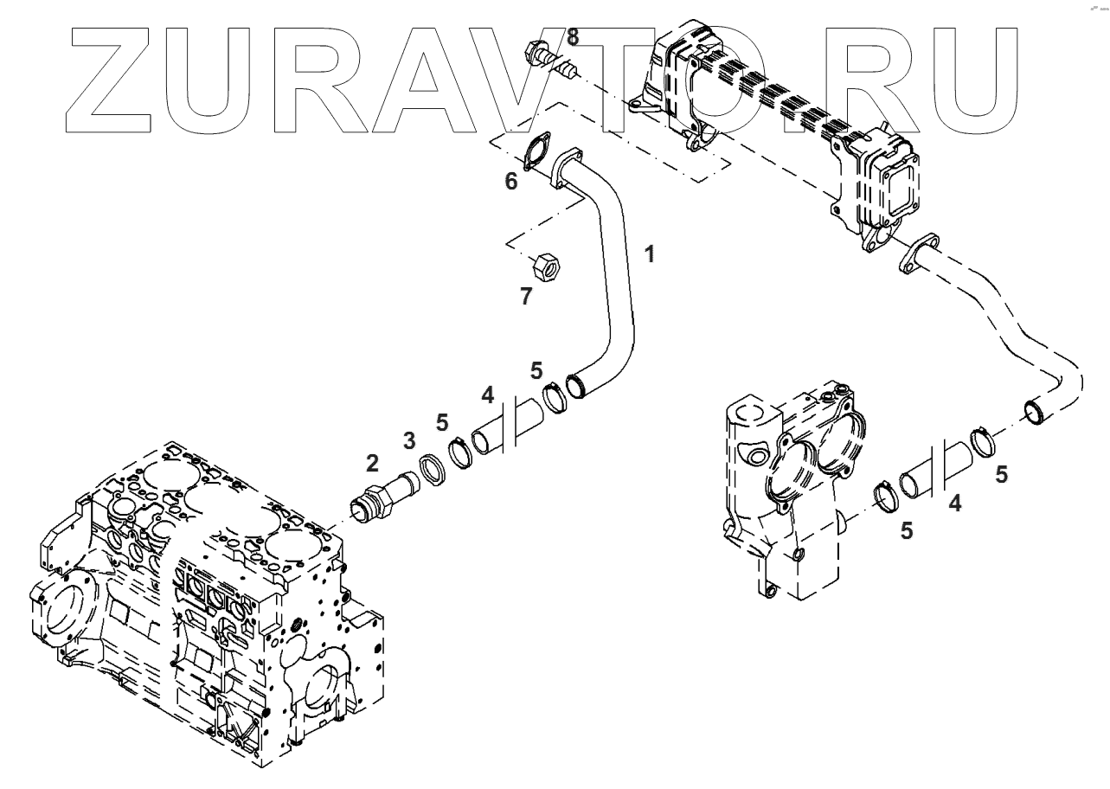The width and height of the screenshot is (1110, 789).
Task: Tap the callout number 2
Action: (x=372, y=463)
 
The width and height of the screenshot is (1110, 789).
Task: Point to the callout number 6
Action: (x=511, y=181)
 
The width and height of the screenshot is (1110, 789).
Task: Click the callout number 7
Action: (x=526, y=297)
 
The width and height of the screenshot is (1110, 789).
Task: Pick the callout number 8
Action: (x=573, y=36)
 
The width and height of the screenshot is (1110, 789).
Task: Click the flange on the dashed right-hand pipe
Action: (x=916, y=253)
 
